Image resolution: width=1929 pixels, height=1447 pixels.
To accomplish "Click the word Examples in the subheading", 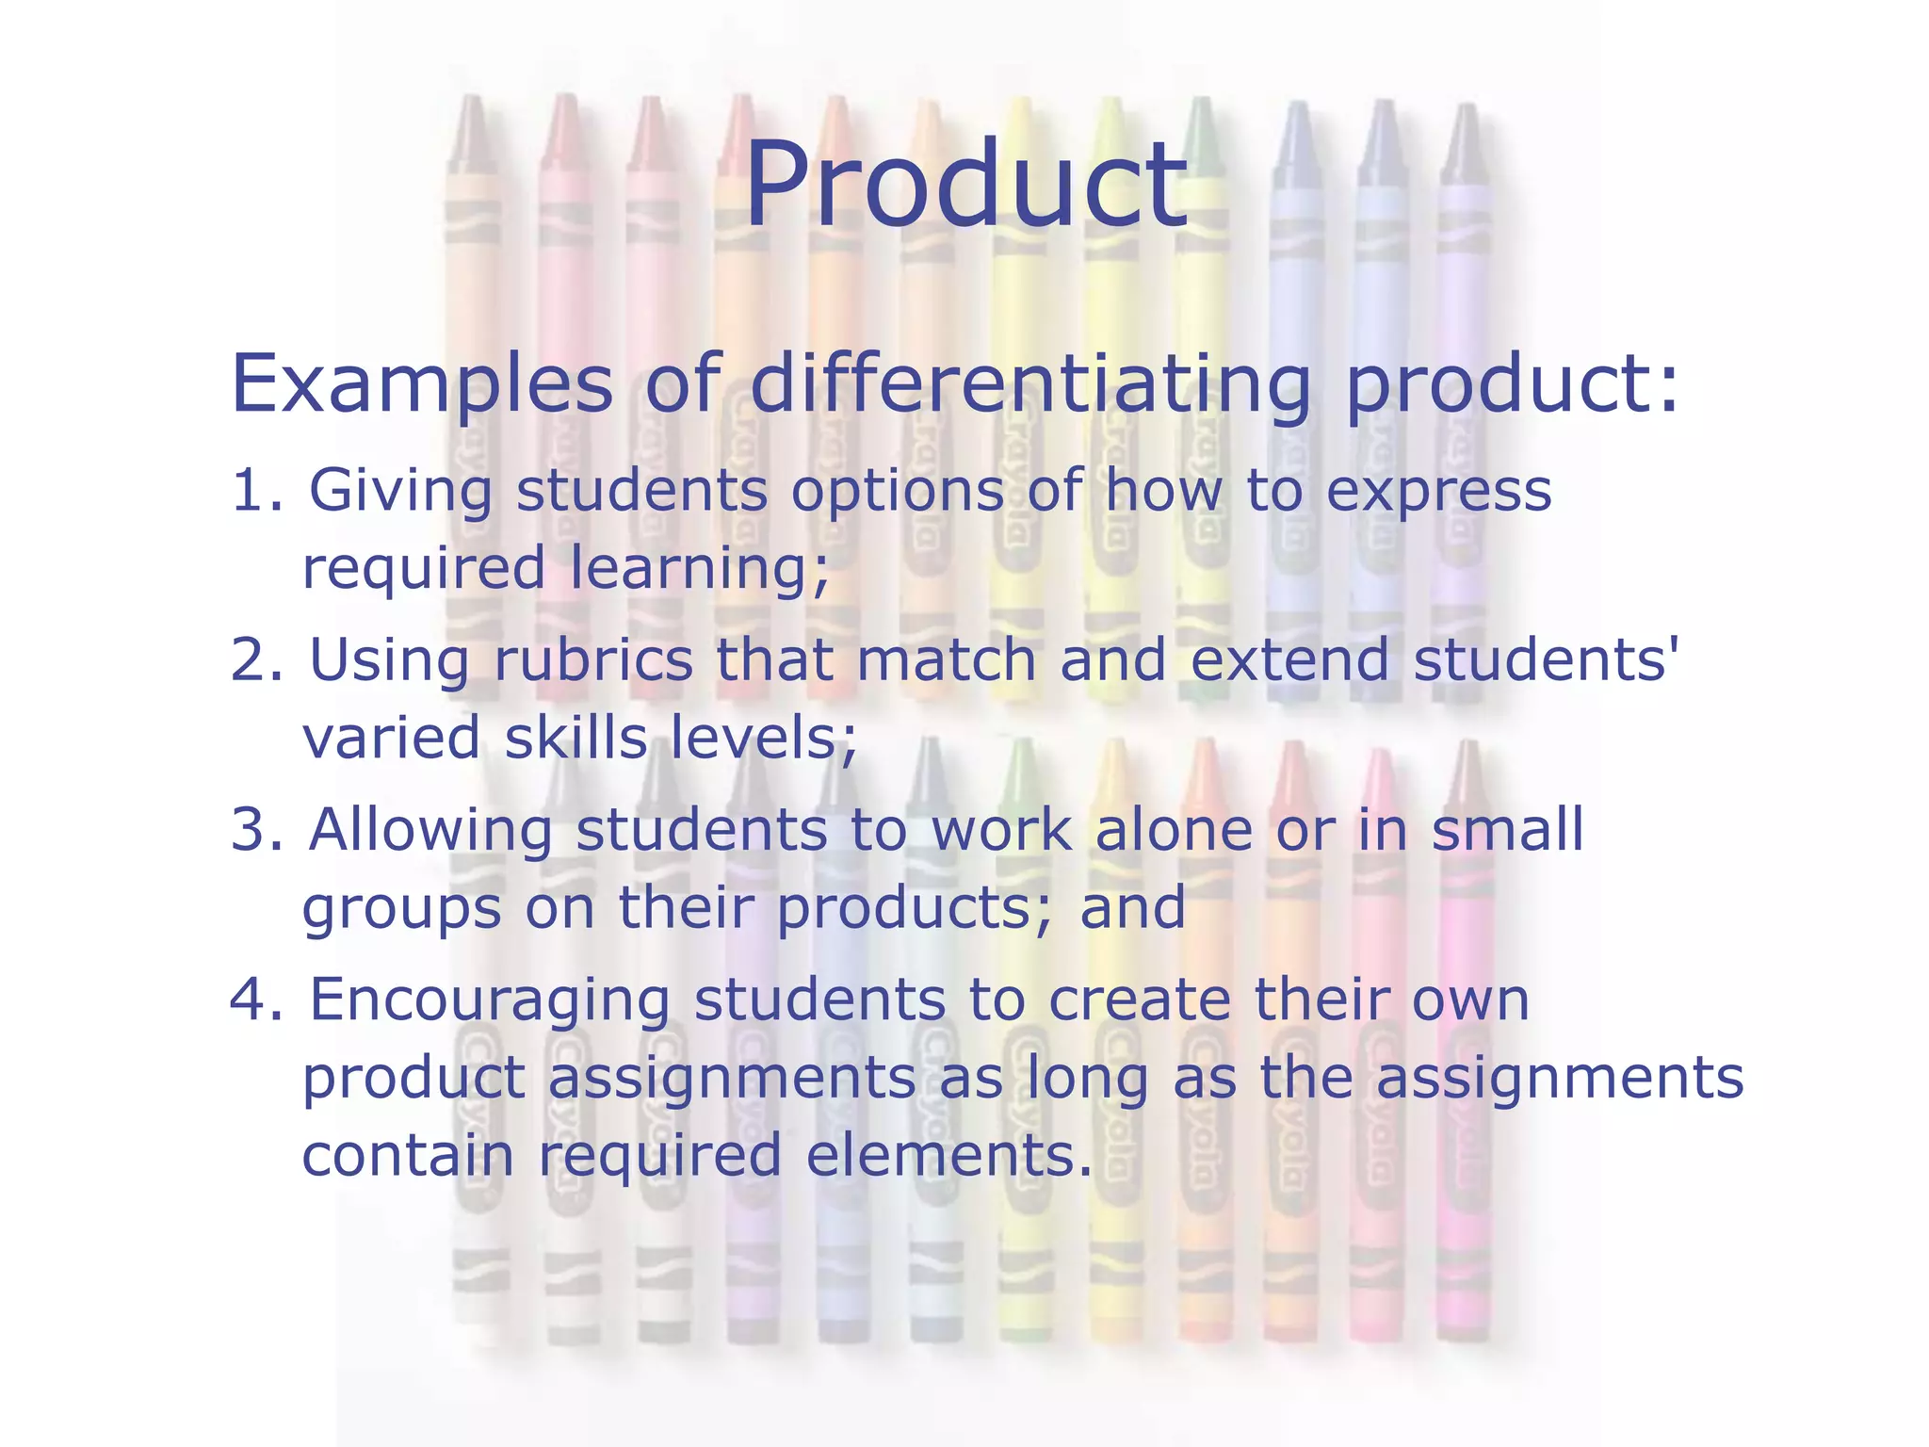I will point(421,383).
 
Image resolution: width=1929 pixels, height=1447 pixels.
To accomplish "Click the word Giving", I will point(400,493).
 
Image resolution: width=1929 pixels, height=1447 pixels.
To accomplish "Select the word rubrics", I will point(593,659).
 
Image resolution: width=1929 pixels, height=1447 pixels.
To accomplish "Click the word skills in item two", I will point(575,738).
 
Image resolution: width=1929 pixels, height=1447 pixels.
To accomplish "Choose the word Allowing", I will point(430,831).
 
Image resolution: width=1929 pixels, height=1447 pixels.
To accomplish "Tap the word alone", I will point(1174,830).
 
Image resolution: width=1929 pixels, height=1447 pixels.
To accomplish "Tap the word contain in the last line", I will point(408,1155).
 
